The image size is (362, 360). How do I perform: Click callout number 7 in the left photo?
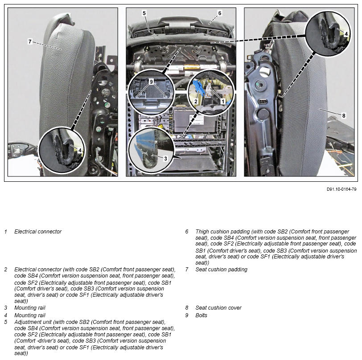click(30, 41)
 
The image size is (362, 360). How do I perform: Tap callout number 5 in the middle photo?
click(144, 13)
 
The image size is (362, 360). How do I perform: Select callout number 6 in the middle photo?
click(219, 13)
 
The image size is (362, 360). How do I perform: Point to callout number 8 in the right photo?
click(344, 115)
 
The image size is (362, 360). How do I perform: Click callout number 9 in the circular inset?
click(151, 82)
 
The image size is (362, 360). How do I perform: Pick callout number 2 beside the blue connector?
click(196, 101)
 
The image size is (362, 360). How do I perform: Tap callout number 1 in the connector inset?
click(223, 101)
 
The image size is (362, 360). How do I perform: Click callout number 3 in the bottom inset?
click(165, 159)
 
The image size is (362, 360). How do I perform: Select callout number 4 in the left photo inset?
click(80, 151)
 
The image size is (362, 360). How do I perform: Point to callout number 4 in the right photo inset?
click(346, 34)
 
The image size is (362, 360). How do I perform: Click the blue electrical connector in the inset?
click(199, 89)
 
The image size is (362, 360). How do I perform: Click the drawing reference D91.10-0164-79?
click(341, 189)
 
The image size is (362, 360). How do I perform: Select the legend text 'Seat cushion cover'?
click(218, 307)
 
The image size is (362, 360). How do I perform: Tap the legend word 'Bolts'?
click(202, 315)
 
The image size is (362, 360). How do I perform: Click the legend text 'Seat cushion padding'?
click(221, 270)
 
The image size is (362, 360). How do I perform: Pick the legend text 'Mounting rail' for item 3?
click(30, 307)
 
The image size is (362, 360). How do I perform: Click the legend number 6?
click(187, 232)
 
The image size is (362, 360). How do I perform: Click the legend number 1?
click(6, 232)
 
